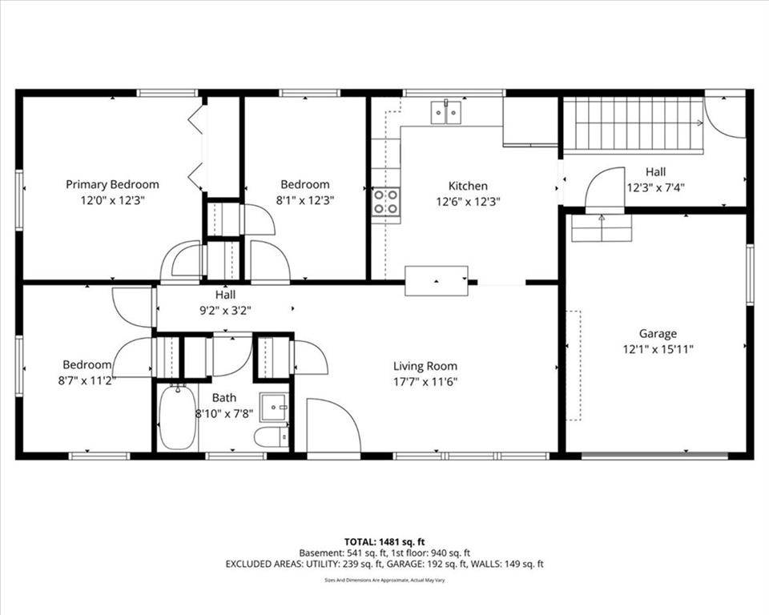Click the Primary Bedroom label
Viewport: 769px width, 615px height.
click(x=112, y=184)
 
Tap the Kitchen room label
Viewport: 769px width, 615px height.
click(x=468, y=186)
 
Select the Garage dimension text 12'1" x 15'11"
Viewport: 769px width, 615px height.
click(x=658, y=349)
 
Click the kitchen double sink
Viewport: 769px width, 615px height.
click(x=446, y=112)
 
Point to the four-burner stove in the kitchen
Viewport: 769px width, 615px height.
click(x=385, y=202)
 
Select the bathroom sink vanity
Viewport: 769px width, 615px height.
click(x=274, y=407)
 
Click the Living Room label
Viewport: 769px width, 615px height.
click(x=425, y=366)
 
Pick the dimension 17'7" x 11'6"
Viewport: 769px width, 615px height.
click(x=425, y=381)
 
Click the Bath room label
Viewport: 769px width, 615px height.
click(x=224, y=398)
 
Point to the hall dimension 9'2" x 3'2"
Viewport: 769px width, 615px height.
click(x=226, y=311)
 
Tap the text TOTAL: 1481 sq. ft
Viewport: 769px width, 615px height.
click(x=384, y=542)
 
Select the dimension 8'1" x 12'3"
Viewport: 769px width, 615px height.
click(x=304, y=200)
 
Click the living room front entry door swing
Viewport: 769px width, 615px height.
click(x=333, y=425)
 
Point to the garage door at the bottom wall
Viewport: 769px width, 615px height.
click(x=654, y=456)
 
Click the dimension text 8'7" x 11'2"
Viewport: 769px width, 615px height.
click(x=87, y=380)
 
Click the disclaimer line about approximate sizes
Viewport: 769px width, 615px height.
click(x=384, y=581)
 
